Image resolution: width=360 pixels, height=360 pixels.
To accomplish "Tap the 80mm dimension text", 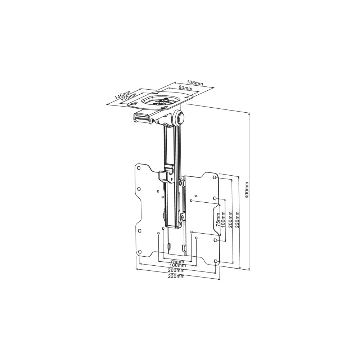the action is point(185,88).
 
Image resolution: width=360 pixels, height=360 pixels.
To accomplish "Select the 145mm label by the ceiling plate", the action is point(122,94).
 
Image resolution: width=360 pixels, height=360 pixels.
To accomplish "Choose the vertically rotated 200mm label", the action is point(231,220).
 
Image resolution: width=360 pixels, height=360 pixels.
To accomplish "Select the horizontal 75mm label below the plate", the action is point(177,261).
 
